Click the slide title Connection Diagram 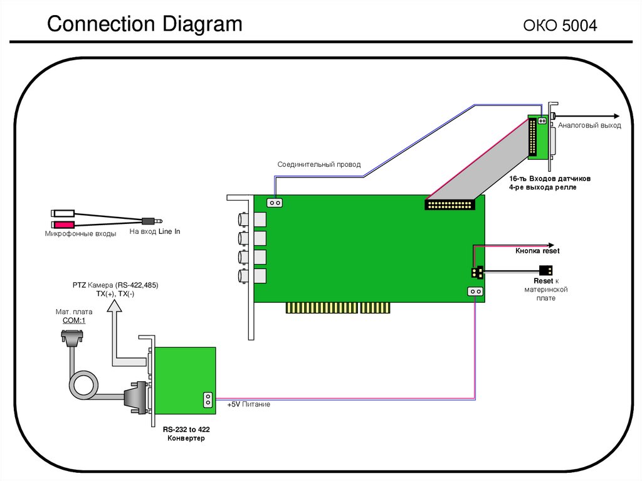pos(145,24)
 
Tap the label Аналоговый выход pos(589,125)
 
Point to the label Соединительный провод pos(319,164)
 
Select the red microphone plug pos(63,225)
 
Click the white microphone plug pos(63,213)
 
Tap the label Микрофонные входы pos(80,234)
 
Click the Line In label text pos(155,231)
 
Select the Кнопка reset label pos(537,251)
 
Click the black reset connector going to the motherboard pos(546,271)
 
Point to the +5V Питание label pos(249,404)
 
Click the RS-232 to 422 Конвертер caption pos(186,433)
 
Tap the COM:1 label pos(74,320)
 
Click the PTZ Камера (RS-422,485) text pos(115,285)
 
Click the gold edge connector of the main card pos(339,308)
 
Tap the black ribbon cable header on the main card pos(450,204)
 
